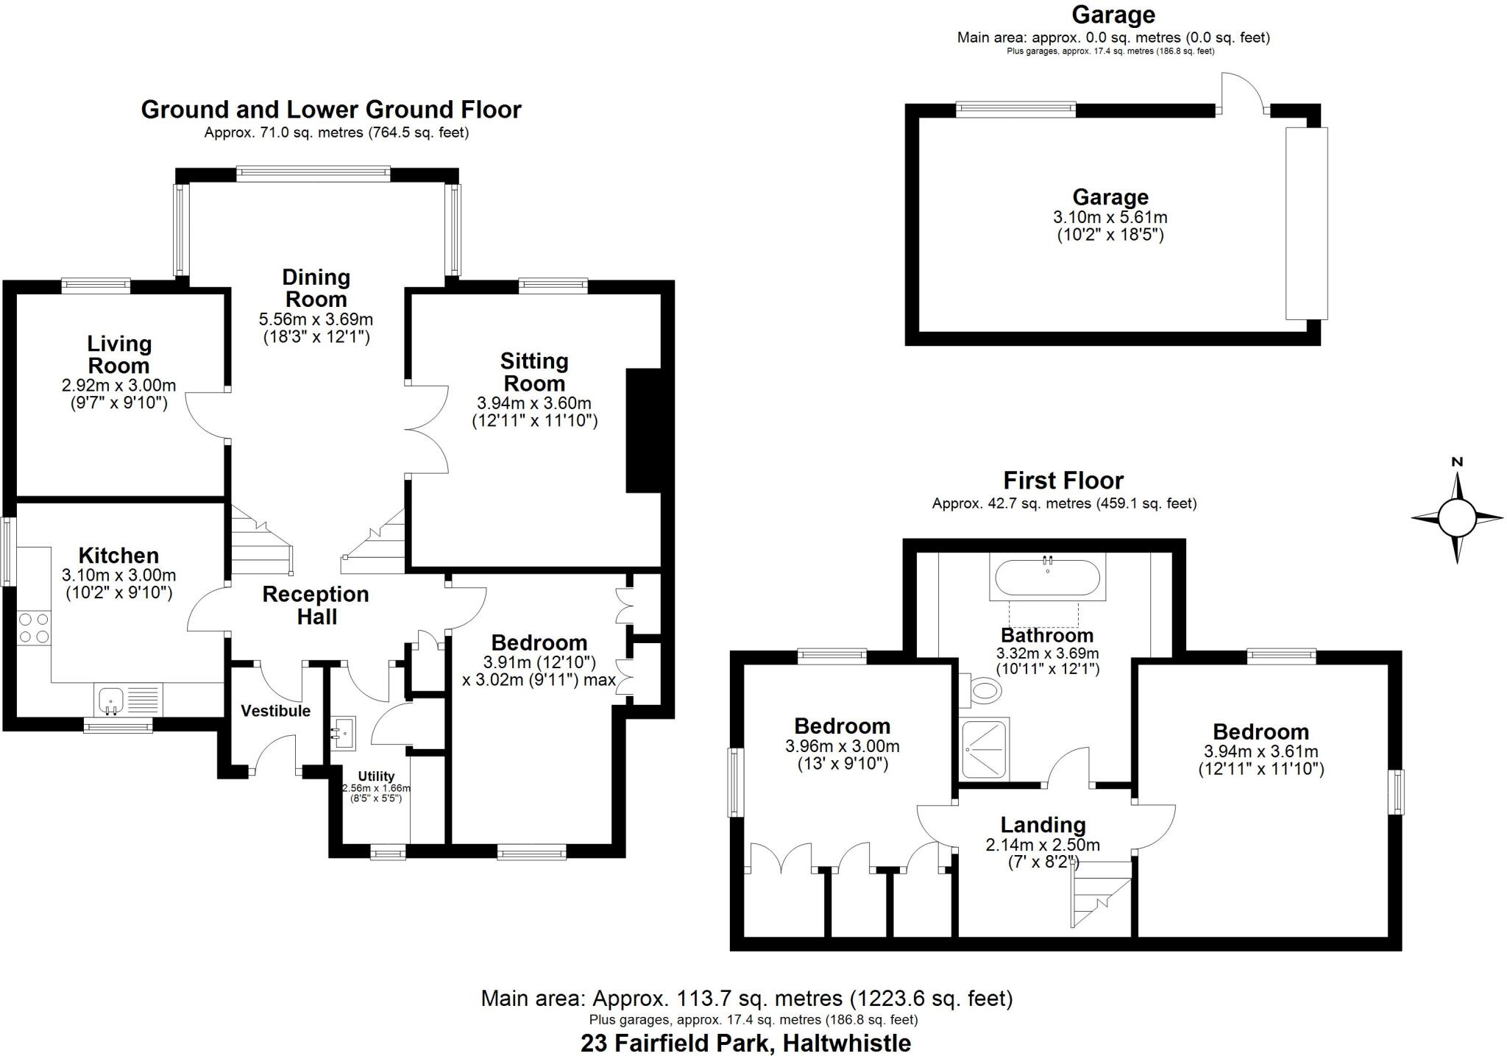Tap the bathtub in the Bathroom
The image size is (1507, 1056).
1048,578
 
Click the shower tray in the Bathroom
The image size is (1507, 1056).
985,748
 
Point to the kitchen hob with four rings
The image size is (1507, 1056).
34,627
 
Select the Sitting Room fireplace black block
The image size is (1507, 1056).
644,430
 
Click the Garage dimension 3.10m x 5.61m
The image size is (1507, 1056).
1110,218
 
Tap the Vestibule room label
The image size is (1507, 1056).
275,711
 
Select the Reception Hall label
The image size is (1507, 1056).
316,605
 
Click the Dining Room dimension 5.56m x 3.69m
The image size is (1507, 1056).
316,320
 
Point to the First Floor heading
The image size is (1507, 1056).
1063,481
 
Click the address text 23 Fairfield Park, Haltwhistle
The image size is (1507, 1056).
745,1043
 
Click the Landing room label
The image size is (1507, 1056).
1043,825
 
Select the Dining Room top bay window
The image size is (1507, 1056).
313,174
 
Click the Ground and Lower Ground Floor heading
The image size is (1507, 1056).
331,110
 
